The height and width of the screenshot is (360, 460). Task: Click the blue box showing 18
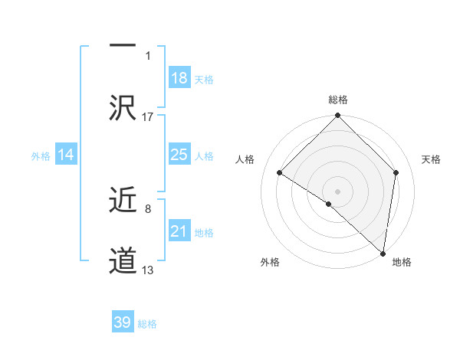(x=179, y=78)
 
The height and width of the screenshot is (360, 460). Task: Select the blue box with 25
(x=179, y=155)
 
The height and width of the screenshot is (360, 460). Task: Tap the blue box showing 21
(x=179, y=231)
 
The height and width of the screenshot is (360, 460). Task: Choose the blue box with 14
(x=66, y=155)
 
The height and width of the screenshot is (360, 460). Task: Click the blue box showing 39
(x=123, y=322)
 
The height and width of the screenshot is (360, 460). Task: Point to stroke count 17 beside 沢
(x=148, y=116)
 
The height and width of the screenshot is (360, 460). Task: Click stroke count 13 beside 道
(x=148, y=270)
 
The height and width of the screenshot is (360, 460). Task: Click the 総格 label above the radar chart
(x=337, y=100)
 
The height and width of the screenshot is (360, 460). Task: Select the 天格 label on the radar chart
(x=431, y=159)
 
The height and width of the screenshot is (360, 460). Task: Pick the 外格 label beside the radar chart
(x=269, y=262)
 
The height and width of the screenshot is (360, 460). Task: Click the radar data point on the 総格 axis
(x=337, y=116)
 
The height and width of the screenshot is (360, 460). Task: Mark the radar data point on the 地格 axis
(x=383, y=253)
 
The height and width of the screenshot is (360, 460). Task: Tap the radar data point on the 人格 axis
(x=280, y=173)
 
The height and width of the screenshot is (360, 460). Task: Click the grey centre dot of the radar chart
(x=337, y=191)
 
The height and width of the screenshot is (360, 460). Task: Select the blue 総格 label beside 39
(x=147, y=324)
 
